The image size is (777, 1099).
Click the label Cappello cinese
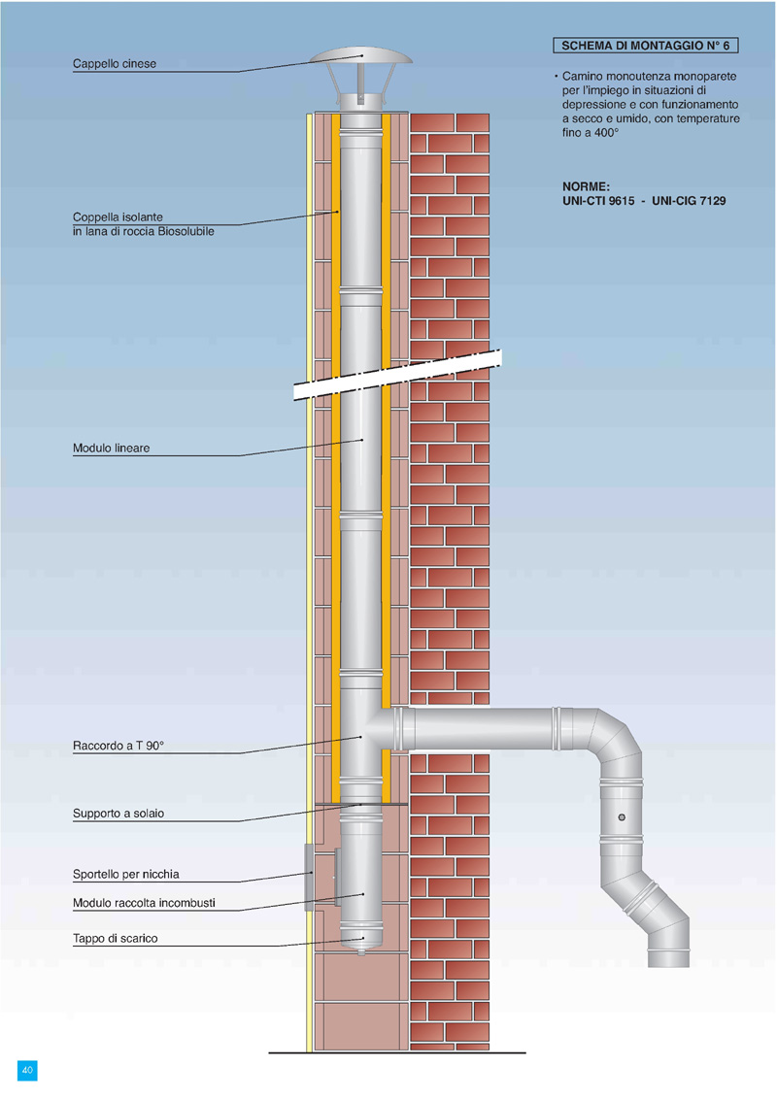point(115,64)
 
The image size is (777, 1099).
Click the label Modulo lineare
point(111,449)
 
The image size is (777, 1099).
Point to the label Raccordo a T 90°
point(119,746)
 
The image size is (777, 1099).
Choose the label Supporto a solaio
point(118,814)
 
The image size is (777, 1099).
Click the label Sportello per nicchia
point(126,874)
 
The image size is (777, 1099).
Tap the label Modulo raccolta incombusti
point(144,903)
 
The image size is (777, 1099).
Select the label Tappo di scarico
point(115,939)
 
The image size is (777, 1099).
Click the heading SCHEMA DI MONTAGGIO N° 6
point(645,46)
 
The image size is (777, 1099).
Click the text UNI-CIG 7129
point(691,201)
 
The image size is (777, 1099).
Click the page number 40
point(27,1070)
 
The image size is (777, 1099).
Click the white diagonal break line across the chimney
point(398,374)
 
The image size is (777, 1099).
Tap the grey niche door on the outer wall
point(309,878)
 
